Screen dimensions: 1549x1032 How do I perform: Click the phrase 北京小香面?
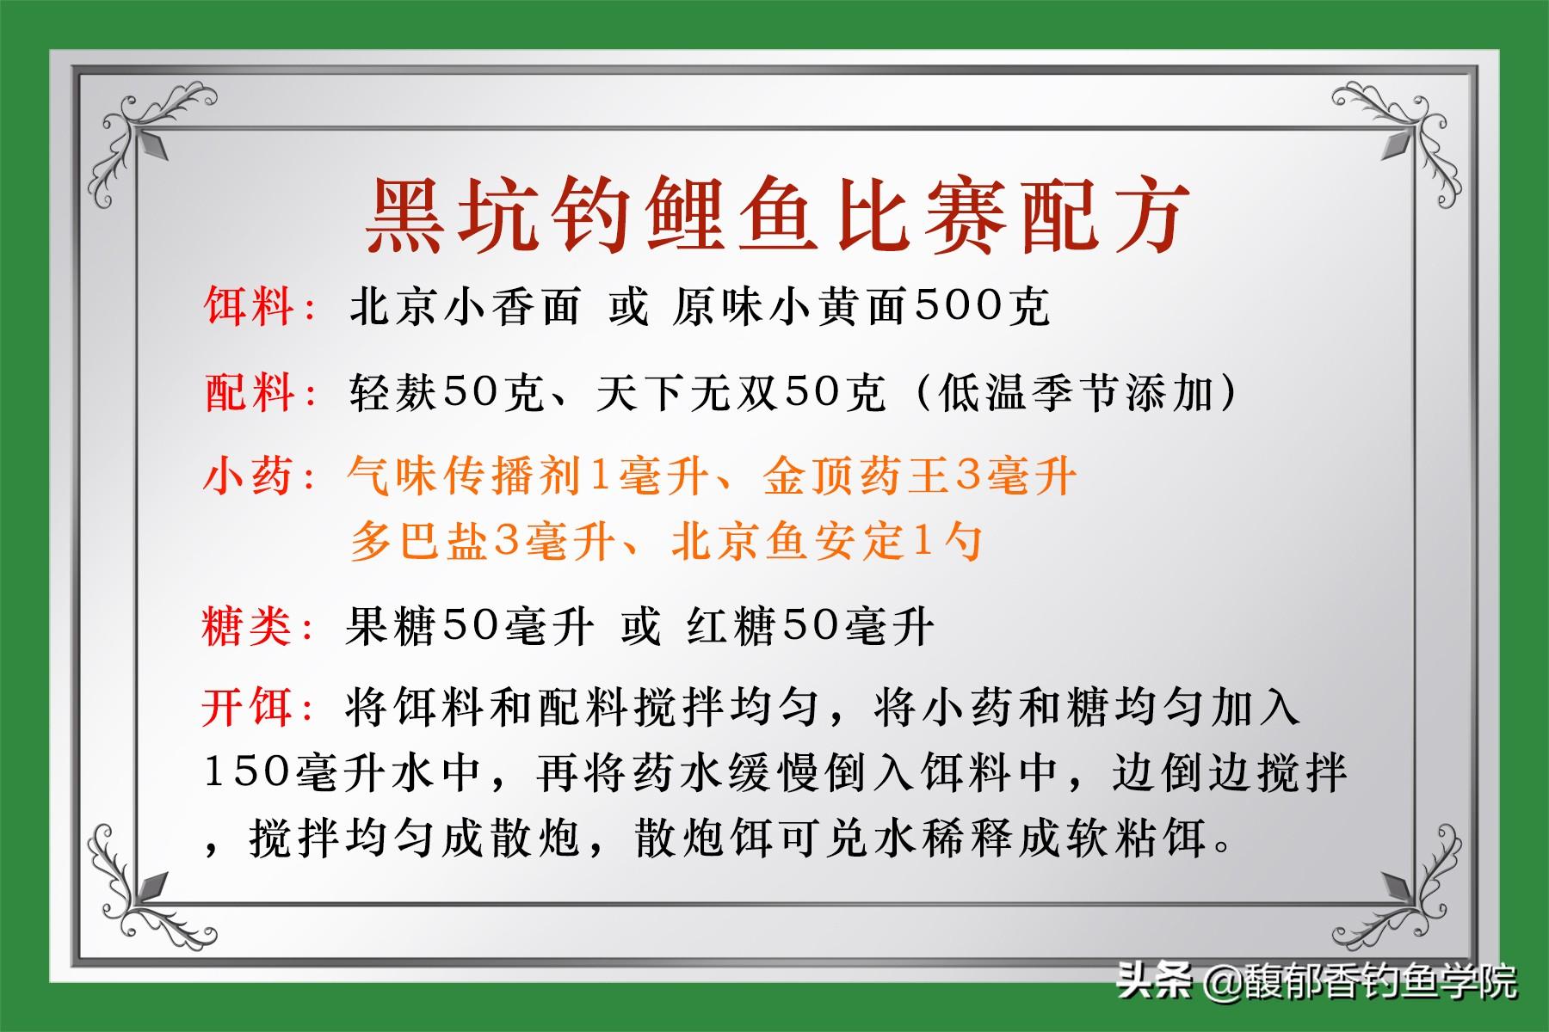click(x=464, y=306)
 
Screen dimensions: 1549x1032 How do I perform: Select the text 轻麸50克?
click(x=446, y=392)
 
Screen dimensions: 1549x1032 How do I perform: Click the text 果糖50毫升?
click(x=469, y=625)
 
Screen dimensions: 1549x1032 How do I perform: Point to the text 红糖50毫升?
click(x=810, y=625)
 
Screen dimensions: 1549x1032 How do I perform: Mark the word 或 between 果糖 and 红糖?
click(x=640, y=625)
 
